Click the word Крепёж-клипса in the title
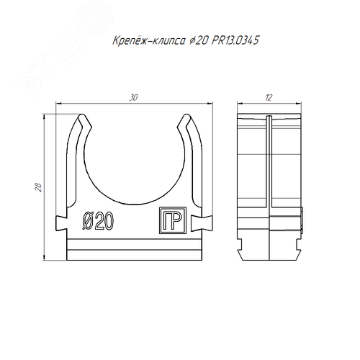point(149,40)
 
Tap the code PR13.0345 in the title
point(235,40)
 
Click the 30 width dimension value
point(133,98)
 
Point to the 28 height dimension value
point(38,187)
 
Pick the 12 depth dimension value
point(269,98)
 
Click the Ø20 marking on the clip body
point(98,220)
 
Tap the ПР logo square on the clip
point(173,220)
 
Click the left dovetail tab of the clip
point(61,223)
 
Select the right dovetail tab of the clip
point(202,223)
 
